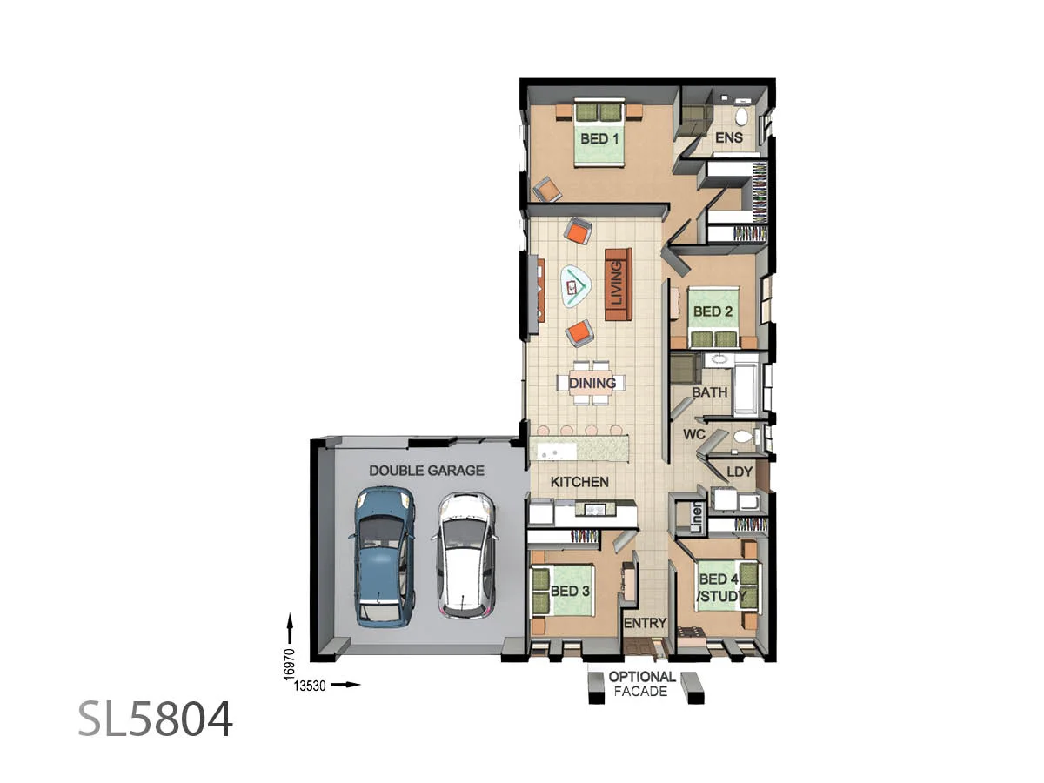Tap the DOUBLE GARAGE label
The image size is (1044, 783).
coord(426,471)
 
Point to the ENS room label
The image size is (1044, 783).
coord(728,138)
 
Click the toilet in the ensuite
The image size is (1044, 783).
coord(742,114)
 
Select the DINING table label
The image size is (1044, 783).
coord(592,383)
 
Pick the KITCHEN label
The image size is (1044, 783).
coord(579,482)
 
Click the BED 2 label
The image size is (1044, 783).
coord(712,311)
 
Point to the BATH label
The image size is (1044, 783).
coord(709,392)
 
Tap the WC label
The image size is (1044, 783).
coord(694,433)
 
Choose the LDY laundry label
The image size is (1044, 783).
coord(739,472)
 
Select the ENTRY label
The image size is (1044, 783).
coord(645,623)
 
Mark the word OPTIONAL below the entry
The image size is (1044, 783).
coord(642,677)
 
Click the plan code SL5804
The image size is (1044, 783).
coord(155,719)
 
